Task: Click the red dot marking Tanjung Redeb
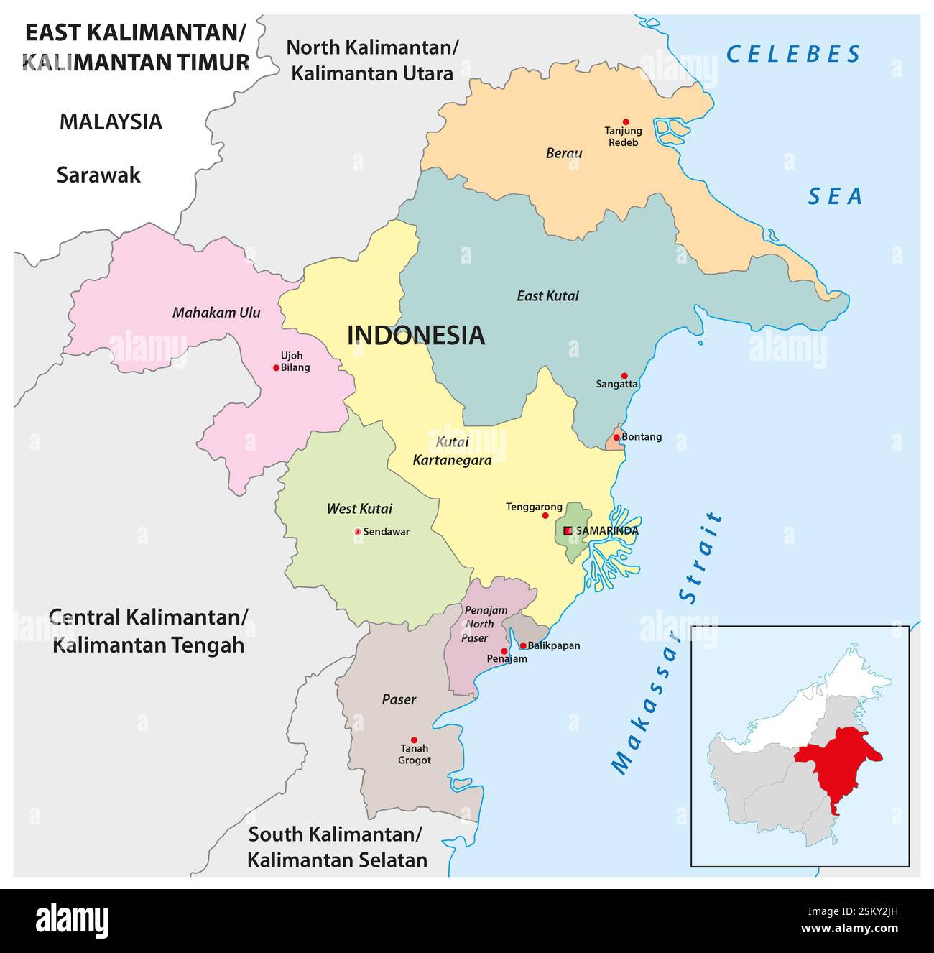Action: [626, 122]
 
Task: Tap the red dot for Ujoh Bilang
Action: [276, 367]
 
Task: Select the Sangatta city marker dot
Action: [624, 376]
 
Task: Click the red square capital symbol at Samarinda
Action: [568, 530]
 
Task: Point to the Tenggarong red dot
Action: [545, 515]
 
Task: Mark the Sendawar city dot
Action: [358, 532]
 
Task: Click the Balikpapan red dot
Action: [523, 645]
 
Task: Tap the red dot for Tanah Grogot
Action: [414, 740]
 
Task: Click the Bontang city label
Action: [642, 437]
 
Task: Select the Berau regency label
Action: [564, 153]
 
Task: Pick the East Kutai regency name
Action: [547, 295]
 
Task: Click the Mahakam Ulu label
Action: [216, 313]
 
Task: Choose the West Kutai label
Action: [359, 509]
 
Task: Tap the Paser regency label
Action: [399, 699]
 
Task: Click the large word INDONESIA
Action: [416, 336]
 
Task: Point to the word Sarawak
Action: [98, 175]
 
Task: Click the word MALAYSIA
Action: [111, 121]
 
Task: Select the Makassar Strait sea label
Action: [667, 643]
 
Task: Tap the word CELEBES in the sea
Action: [793, 54]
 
